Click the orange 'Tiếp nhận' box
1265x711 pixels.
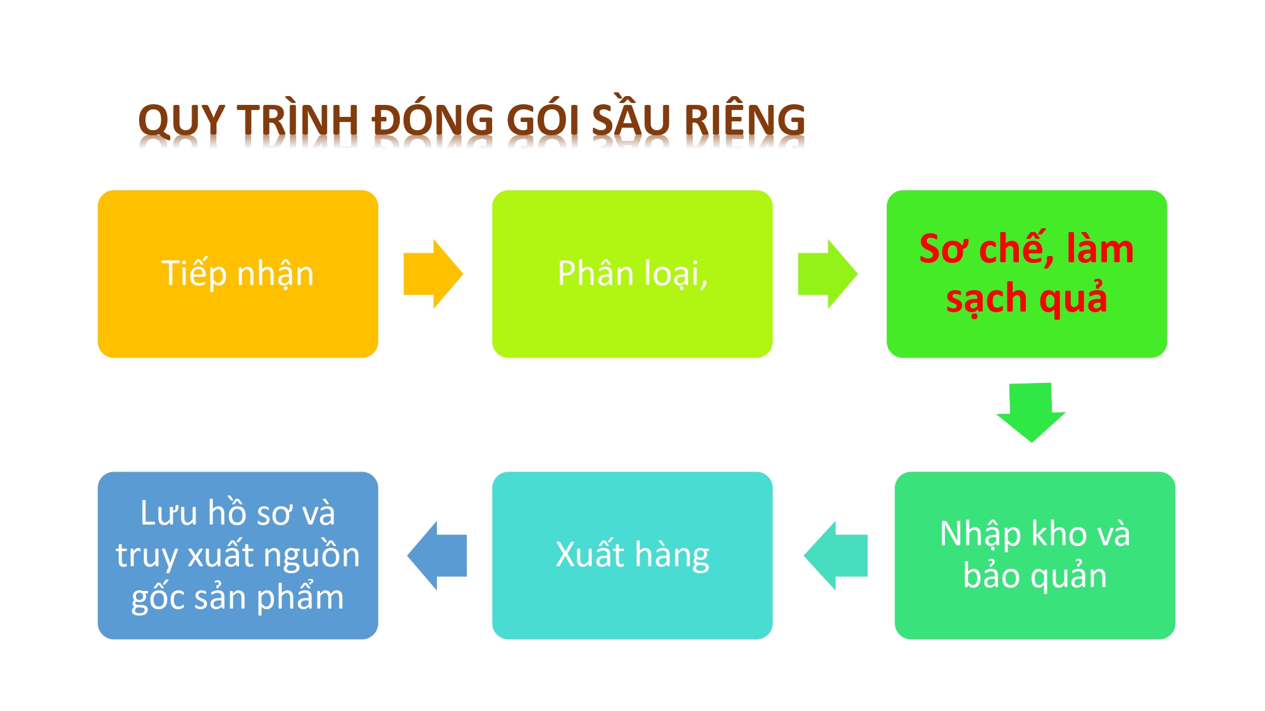238,274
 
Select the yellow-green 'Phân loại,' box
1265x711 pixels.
632,274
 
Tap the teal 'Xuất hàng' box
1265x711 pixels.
632,555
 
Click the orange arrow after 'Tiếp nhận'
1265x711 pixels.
433,274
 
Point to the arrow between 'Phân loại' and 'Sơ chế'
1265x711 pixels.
827,274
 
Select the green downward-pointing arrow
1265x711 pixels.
1031,412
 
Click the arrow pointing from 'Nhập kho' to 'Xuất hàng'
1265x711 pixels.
836,556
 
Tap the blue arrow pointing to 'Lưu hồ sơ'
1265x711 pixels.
437,556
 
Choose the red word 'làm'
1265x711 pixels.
1100,248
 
